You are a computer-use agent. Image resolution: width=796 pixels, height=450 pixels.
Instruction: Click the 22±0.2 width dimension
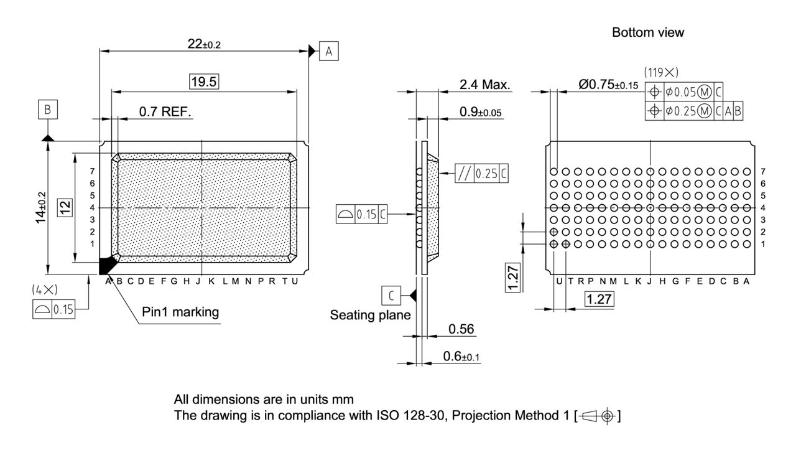pyautogui.click(x=205, y=44)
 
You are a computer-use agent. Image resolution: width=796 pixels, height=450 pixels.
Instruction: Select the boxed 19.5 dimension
pyautogui.click(x=205, y=82)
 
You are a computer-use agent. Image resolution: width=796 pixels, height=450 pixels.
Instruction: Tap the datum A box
pyautogui.click(x=328, y=52)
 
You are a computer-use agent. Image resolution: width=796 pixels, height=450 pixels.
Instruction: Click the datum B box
pyautogui.click(x=48, y=110)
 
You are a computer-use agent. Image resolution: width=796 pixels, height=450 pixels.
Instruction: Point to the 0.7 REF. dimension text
pyautogui.click(x=165, y=111)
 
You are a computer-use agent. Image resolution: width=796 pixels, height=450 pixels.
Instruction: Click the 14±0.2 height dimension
pyautogui.click(x=41, y=207)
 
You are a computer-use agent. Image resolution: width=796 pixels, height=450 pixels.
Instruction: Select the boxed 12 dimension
pyautogui.click(x=63, y=207)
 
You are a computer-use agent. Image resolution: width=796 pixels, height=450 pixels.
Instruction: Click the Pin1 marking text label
pyautogui.click(x=180, y=312)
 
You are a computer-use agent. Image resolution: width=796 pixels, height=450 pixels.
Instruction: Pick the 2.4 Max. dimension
pyautogui.click(x=484, y=85)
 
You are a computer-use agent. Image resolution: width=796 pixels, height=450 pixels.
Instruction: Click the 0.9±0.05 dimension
pyautogui.click(x=481, y=112)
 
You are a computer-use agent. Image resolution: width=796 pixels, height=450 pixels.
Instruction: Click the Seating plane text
pyautogui.click(x=370, y=315)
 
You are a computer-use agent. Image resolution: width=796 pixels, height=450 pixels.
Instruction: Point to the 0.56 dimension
pyautogui.click(x=461, y=329)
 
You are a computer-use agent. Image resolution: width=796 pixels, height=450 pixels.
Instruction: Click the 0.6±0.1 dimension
pyautogui.click(x=461, y=356)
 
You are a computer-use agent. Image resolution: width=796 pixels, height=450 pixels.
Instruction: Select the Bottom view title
pyautogui.click(x=647, y=32)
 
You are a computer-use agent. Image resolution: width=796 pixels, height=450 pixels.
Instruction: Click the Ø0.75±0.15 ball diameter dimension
pyautogui.click(x=608, y=85)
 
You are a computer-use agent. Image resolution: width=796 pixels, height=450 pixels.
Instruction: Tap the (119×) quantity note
pyautogui.click(x=660, y=72)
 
